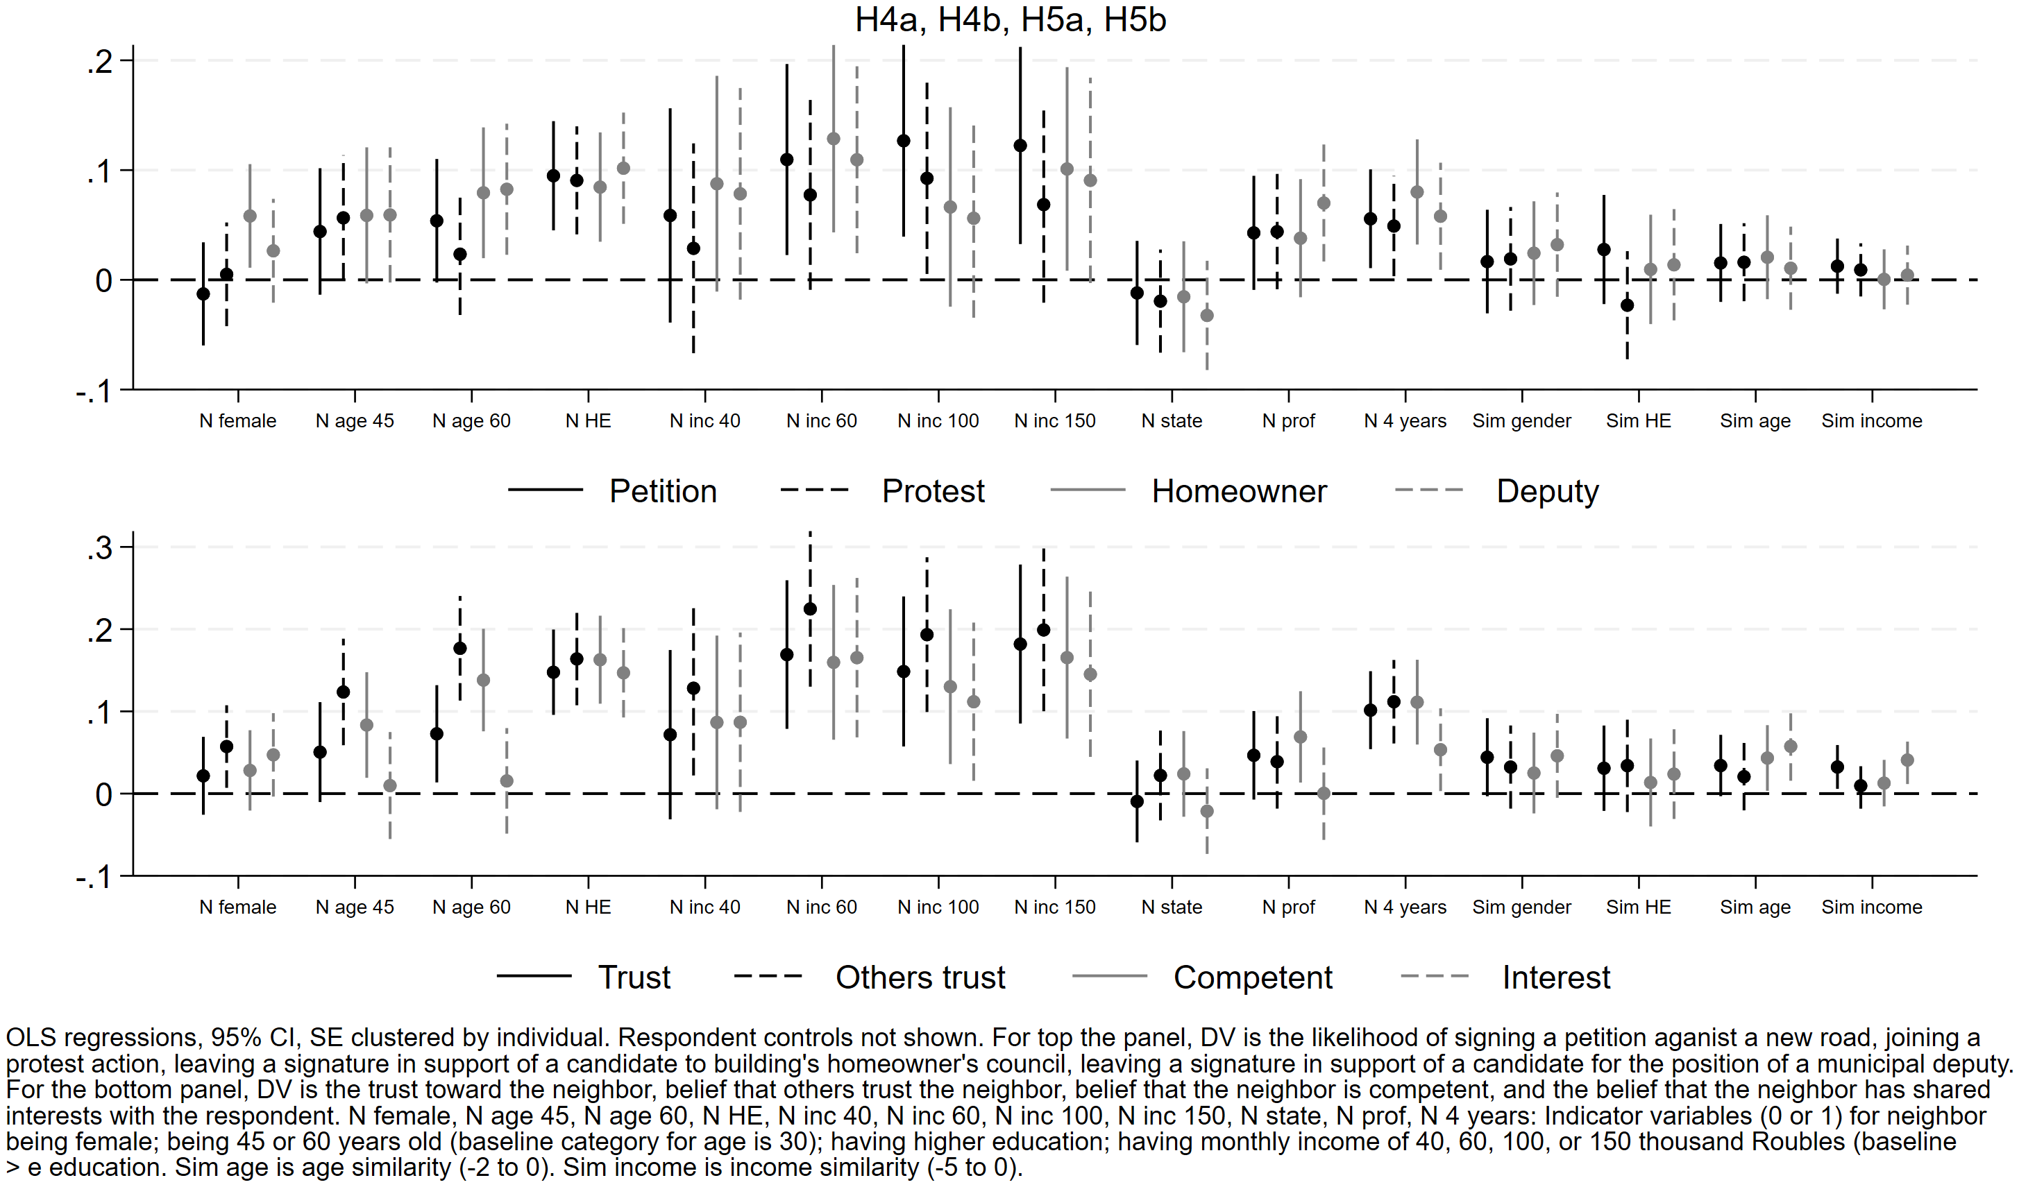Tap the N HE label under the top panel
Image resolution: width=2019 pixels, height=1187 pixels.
pos(588,420)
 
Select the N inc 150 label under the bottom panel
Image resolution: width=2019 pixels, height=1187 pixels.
pos(1054,907)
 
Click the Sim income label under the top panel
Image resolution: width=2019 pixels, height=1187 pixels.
pos(1872,420)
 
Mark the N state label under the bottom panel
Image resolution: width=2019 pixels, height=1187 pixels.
pos(1172,907)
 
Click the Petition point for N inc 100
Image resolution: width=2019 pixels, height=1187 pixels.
pos(903,141)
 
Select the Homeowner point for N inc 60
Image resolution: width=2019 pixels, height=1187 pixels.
pos(834,139)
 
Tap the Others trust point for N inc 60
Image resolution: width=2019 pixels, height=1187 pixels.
pos(810,608)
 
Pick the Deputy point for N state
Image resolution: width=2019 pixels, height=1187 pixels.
pos(1206,316)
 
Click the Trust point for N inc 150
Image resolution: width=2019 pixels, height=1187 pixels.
pos(1020,644)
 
